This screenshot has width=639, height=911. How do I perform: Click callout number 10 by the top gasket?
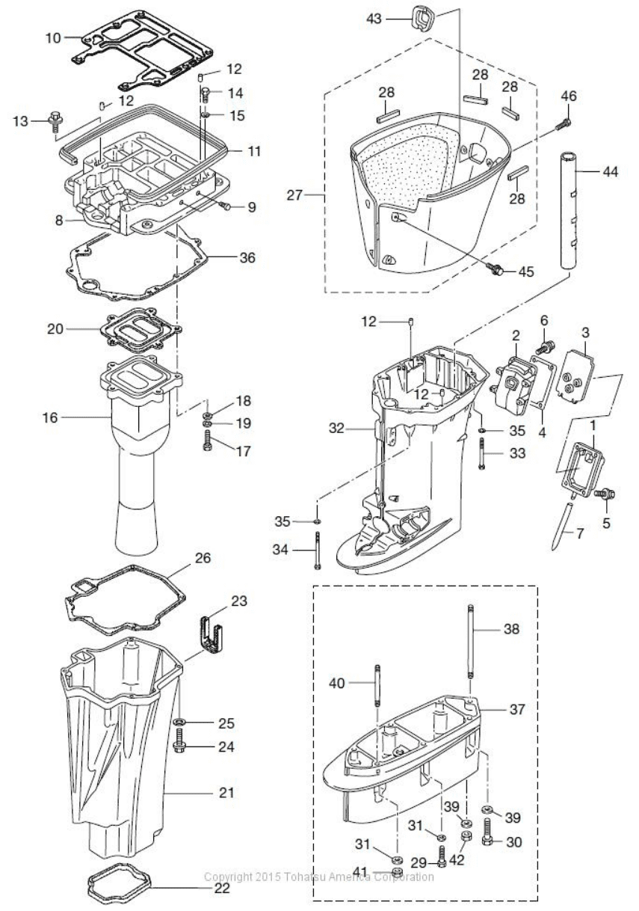tap(53, 38)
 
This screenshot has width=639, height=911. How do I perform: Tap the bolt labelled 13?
tap(55, 121)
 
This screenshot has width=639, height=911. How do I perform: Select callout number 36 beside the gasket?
tap(247, 257)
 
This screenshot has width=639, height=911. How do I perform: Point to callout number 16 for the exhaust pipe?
tap(50, 417)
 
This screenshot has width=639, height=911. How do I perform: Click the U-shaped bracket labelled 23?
tap(212, 634)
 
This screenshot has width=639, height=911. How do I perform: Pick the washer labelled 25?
tap(179, 722)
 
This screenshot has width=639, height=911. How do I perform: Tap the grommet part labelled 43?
tap(423, 18)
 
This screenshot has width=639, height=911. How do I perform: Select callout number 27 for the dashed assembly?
tap(294, 196)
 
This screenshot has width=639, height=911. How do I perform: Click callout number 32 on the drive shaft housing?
tap(336, 428)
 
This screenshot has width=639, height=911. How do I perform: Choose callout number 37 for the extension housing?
tap(517, 709)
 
